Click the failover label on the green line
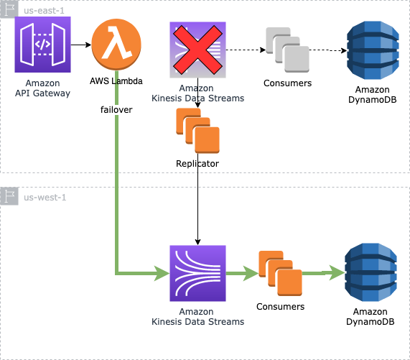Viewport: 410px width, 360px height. pyautogui.click(x=116, y=111)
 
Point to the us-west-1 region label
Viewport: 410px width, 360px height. pyautogui.click(x=45, y=197)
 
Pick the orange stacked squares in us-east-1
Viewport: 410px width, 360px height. pyautogui.click(x=197, y=130)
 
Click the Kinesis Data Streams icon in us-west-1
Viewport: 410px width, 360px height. pyautogui.click(x=197, y=273)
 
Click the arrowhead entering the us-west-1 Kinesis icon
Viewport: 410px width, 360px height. pyautogui.click(x=161, y=273)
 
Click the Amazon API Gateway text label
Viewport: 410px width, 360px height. pyautogui.click(x=42, y=88)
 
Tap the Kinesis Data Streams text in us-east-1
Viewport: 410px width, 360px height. pyautogui.click(x=197, y=93)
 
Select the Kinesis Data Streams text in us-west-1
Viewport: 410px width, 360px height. pyautogui.click(x=197, y=317)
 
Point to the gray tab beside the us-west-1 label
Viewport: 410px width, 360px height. pyautogui.click(x=9, y=197)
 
